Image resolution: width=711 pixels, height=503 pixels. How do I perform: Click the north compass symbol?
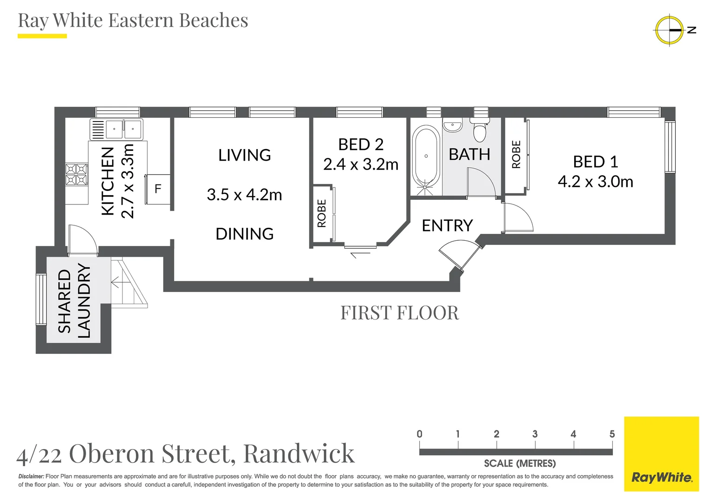click(x=670, y=30)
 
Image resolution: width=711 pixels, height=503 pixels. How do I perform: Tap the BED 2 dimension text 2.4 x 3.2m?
click(x=361, y=164)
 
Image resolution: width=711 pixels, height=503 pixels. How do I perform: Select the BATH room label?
click(x=469, y=154)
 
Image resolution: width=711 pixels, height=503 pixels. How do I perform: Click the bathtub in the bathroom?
click(x=426, y=156)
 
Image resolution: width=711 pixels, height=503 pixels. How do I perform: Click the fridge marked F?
click(x=158, y=189)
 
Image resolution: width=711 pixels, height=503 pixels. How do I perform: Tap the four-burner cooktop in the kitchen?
click(x=76, y=174)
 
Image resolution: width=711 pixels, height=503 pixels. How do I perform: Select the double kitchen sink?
click(x=123, y=129)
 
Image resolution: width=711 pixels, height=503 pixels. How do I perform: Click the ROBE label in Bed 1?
click(x=516, y=155)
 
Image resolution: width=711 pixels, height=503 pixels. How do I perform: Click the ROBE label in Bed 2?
click(x=322, y=213)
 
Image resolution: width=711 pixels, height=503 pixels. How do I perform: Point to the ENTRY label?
click(x=447, y=226)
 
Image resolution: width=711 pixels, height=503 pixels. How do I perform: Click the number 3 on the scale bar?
click(x=535, y=434)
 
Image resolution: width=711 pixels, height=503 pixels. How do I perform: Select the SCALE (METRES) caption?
click(x=519, y=463)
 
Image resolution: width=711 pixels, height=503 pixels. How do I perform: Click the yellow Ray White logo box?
click(x=661, y=454)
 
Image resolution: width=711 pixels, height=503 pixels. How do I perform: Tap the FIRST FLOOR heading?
click(x=399, y=313)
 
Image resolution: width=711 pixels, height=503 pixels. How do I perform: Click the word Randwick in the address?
click(x=299, y=453)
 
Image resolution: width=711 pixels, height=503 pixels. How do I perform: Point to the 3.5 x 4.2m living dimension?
click(x=244, y=195)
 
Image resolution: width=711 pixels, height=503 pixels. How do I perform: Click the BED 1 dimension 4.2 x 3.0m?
click(x=595, y=182)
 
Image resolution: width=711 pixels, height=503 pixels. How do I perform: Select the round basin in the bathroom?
click(x=452, y=126)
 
